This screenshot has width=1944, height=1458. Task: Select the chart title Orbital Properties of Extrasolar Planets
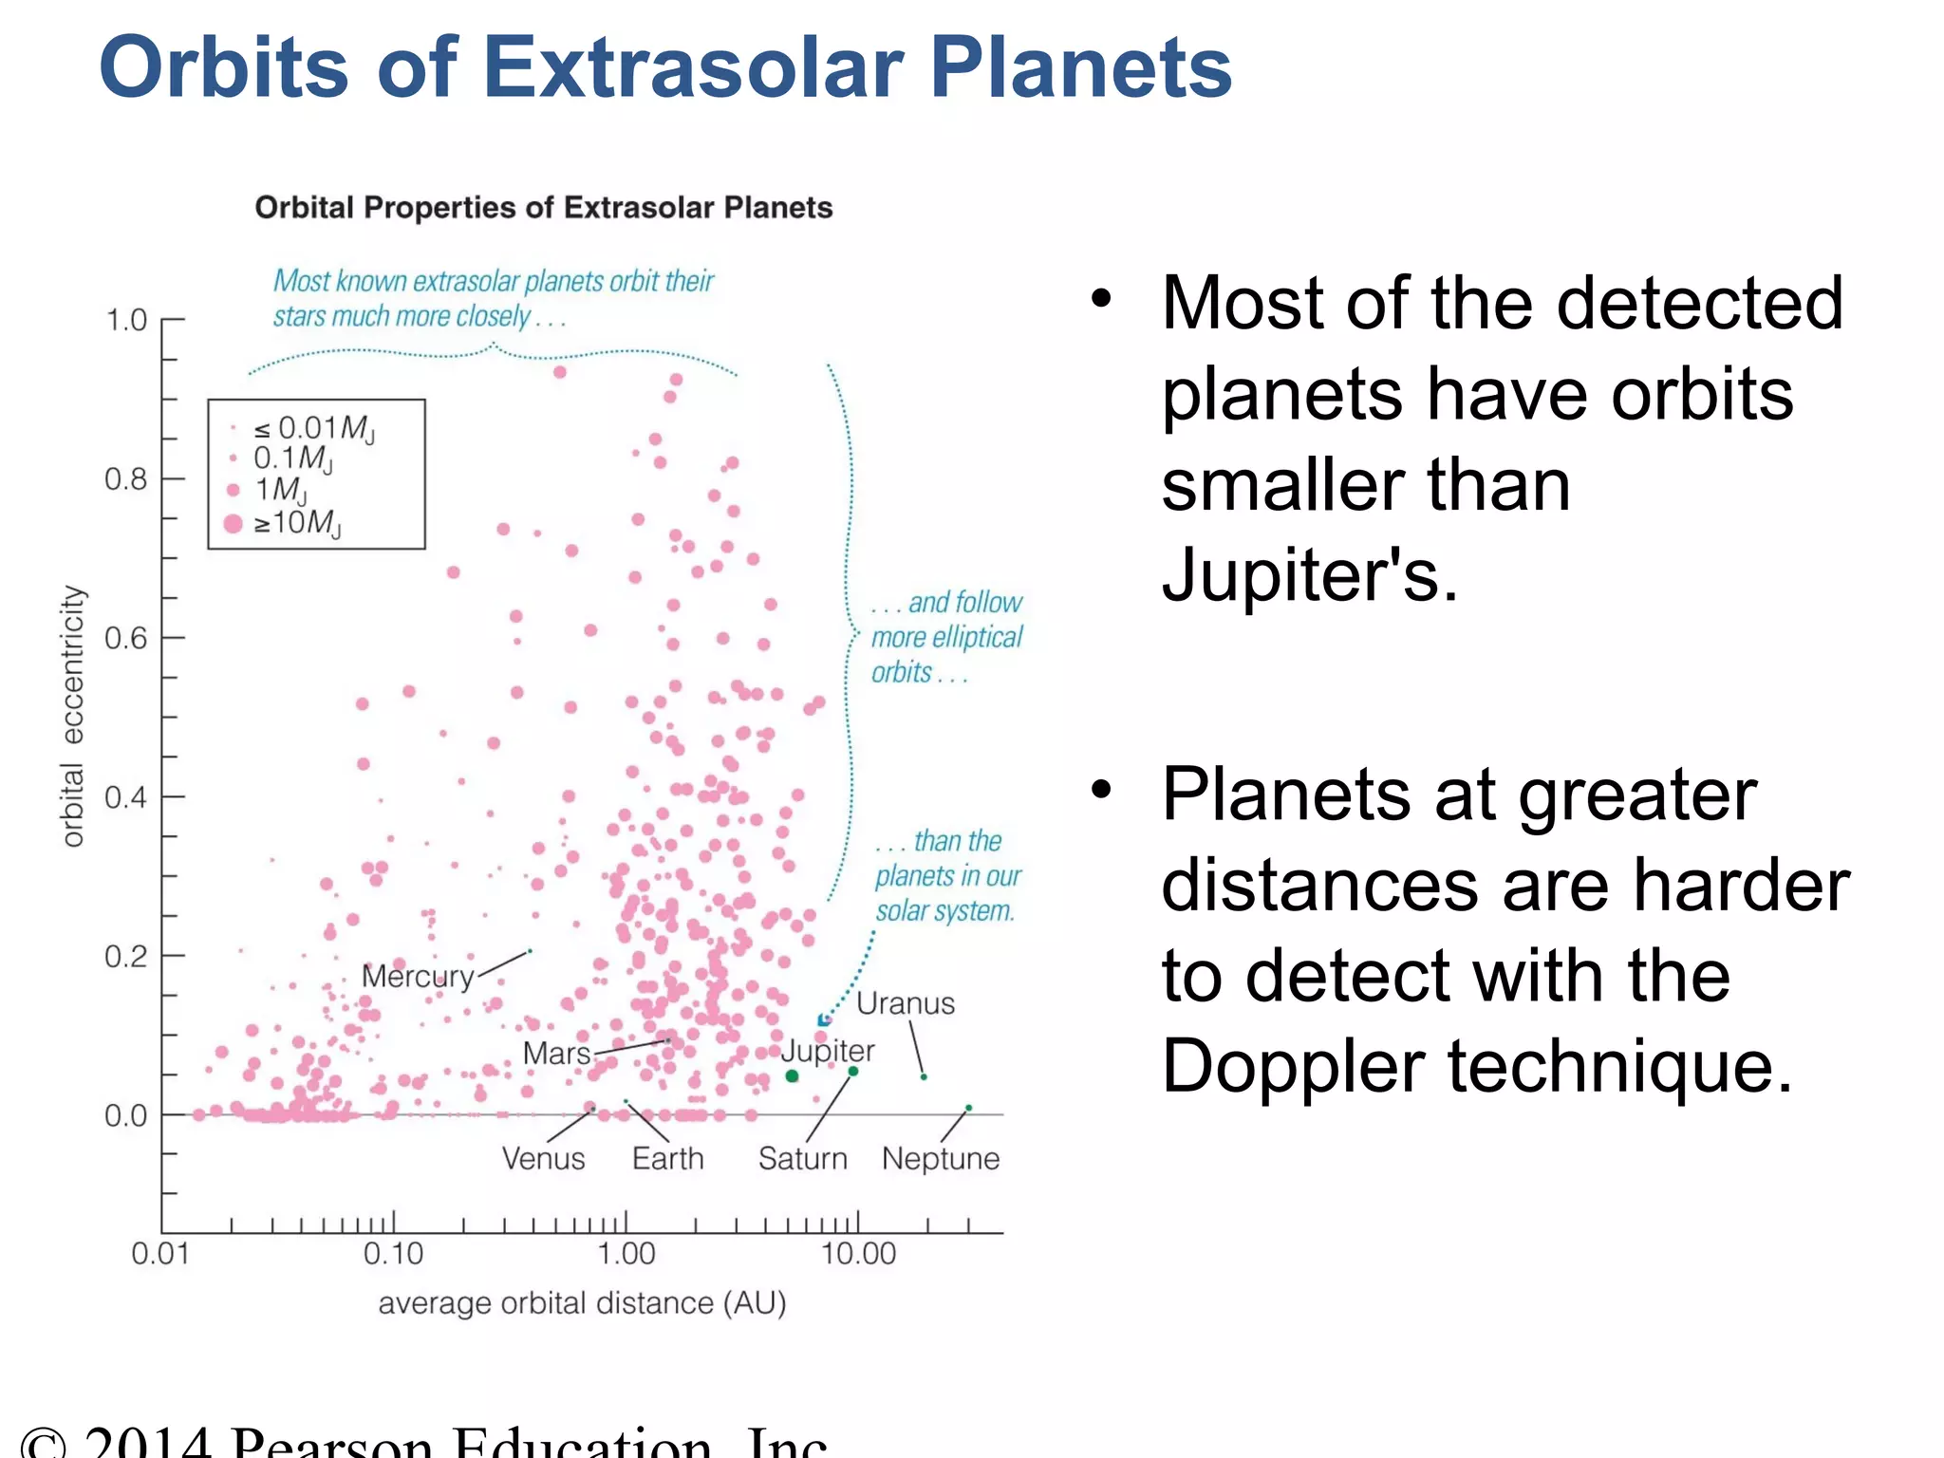pos(543,208)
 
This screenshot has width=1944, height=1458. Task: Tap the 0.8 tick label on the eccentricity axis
pos(126,479)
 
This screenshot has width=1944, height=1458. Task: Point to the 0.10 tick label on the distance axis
pos(393,1254)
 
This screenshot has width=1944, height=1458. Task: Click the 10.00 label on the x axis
pos(858,1254)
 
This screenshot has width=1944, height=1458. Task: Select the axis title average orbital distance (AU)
pos(582,1303)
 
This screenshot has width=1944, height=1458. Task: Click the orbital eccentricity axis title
pos(73,716)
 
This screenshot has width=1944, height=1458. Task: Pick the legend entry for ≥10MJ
pos(296,523)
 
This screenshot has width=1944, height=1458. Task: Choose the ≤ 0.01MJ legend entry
pos(313,429)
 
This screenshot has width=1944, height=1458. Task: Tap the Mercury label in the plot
pos(418,976)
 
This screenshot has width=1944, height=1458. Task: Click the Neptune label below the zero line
pos(940,1159)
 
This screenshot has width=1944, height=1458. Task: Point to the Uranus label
pos(905,1004)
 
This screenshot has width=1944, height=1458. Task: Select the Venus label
pos(543,1159)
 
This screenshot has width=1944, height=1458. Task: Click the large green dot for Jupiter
pos(793,1075)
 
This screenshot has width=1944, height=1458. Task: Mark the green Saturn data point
pos(852,1072)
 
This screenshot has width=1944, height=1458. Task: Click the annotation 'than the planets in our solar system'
pos(947,876)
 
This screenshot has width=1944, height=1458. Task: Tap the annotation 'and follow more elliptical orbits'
pos(947,638)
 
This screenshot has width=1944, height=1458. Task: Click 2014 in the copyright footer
pos(147,1443)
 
